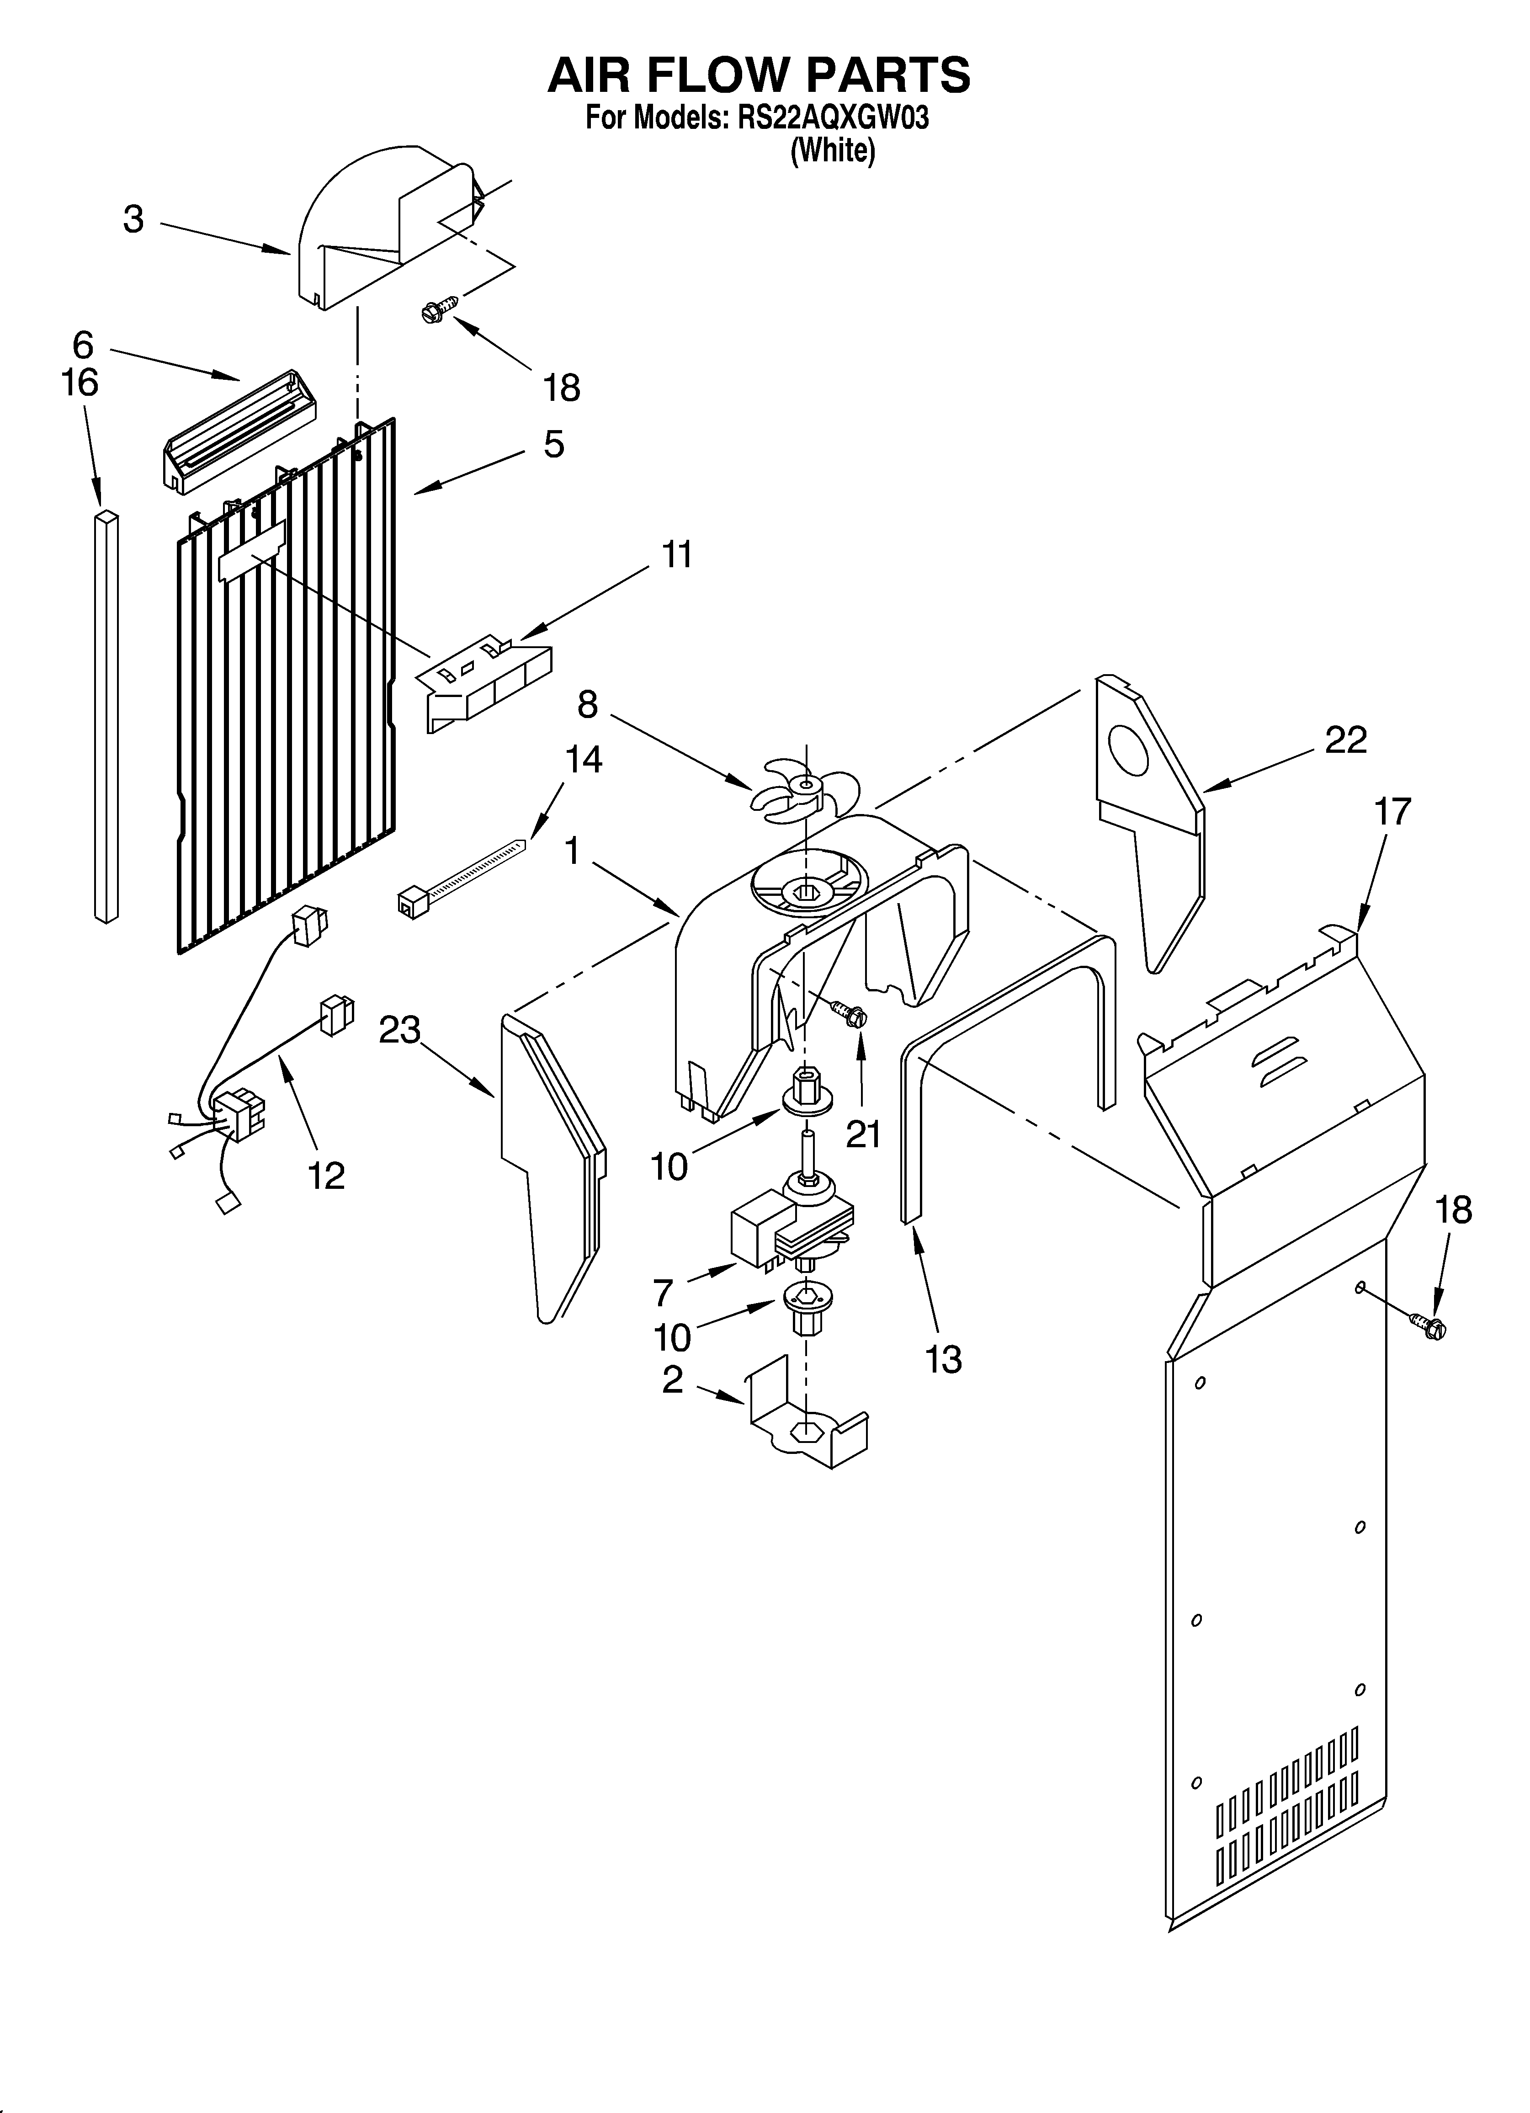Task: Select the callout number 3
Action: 134,220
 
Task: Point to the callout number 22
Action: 1345,740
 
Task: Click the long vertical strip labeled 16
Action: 106,714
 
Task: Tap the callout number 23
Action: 399,1030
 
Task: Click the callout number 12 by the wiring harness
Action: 326,1176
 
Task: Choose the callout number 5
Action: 553,444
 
